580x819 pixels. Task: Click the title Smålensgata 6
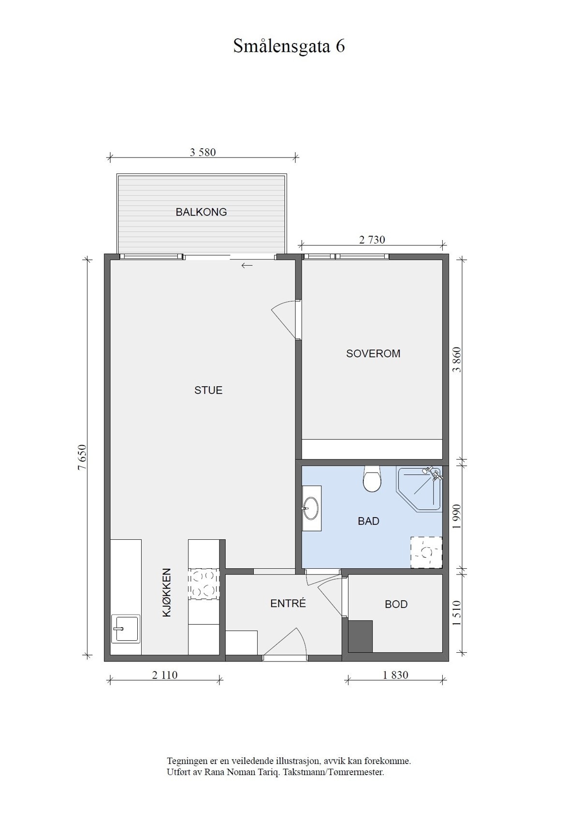click(289, 46)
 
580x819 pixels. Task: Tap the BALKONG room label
click(201, 212)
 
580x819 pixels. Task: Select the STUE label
click(208, 390)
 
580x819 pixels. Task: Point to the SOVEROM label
click(373, 354)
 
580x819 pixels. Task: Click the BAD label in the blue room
click(368, 521)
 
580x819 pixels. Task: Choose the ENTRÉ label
click(288, 603)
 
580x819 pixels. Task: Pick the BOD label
click(396, 604)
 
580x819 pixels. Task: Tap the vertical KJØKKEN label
click(167, 592)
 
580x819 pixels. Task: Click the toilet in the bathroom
click(372, 479)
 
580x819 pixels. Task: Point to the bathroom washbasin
click(311, 508)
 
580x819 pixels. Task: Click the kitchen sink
click(125, 629)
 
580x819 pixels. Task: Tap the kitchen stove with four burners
click(203, 584)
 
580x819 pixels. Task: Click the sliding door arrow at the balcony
click(247, 265)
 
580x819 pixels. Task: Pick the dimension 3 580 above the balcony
click(203, 153)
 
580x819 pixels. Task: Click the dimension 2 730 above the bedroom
click(372, 240)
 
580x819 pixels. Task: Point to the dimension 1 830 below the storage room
click(395, 675)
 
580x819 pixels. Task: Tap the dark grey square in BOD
click(360, 636)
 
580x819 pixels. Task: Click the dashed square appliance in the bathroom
click(426, 552)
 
